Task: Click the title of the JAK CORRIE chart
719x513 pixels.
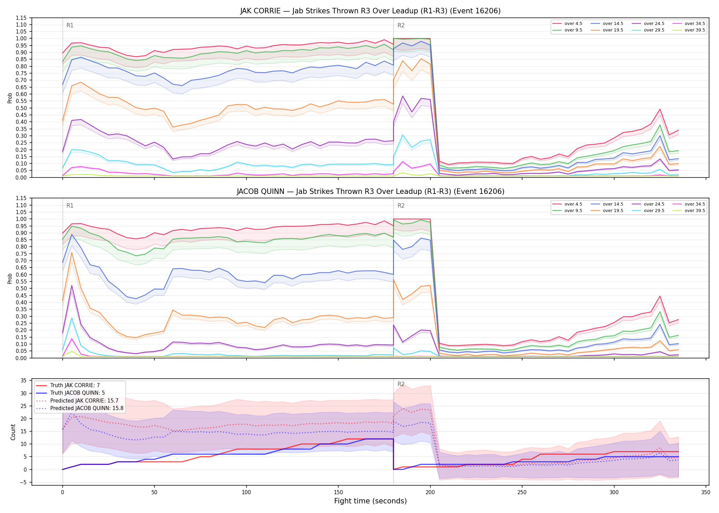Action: (x=370, y=11)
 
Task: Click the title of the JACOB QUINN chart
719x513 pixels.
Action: (x=370, y=192)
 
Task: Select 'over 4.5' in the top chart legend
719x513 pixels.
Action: (x=573, y=24)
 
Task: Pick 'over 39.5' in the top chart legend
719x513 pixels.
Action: (x=695, y=30)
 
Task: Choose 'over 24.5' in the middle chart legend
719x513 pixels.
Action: (x=654, y=204)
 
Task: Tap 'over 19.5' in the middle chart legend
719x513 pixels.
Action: (x=613, y=211)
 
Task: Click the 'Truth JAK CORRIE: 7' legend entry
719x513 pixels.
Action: (x=75, y=385)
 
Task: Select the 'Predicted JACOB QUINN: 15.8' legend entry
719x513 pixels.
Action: (x=87, y=408)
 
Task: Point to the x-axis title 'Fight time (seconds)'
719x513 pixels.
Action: (x=370, y=501)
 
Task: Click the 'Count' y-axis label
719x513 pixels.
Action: (x=13, y=432)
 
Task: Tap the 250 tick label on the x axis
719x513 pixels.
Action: (x=522, y=492)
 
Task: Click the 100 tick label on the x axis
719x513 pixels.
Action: (x=246, y=492)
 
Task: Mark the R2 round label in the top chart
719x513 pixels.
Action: (x=401, y=25)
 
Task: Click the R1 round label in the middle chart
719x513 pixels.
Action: (x=70, y=206)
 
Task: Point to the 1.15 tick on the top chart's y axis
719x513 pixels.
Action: (x=21, y=18)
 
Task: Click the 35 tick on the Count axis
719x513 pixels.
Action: (x=24, y=381)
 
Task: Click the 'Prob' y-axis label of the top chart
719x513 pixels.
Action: (x=10, y=98)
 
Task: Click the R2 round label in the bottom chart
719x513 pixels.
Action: (x=401, y=384)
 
